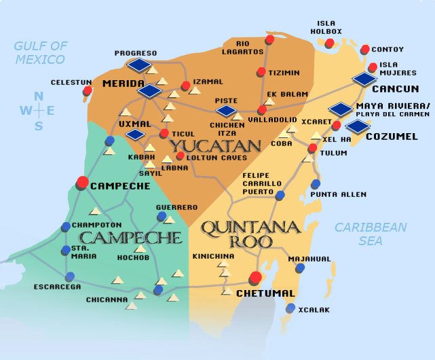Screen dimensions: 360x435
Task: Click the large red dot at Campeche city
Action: coord(82,182)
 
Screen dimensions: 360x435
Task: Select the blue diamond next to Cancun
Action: coord(365,79)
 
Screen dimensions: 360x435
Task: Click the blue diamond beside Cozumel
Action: coord(357,126)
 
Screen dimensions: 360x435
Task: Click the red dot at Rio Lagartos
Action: coord(269,40)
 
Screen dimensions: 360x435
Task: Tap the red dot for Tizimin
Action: coord(261,72)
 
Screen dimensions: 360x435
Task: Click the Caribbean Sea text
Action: coord(370,234)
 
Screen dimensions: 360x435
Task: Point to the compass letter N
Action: coord(39,96)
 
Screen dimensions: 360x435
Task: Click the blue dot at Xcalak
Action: coord(290,308)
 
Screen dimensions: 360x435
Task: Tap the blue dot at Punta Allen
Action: coord(316,184)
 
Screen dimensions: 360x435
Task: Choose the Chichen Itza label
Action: coord(227,128)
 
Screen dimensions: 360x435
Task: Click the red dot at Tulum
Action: coord(312,148)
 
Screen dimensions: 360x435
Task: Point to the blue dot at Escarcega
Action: coord(70,276)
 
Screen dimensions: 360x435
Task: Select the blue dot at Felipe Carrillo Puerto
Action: coord(280,196)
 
